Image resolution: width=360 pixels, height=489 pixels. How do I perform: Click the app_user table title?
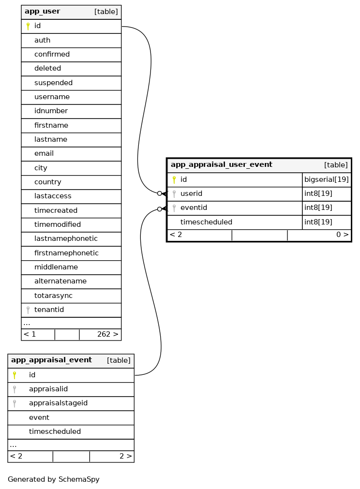coord(43,12)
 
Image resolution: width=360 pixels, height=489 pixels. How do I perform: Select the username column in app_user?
coord(52,97)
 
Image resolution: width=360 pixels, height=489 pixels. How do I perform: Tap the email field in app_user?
coord(44,154)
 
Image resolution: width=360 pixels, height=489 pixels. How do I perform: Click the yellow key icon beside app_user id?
coord(28,26)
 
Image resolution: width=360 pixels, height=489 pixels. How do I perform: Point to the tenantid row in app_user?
coord(49,310)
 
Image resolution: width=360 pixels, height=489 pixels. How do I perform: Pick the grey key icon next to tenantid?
coord(28,310)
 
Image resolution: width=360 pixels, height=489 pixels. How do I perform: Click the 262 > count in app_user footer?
coord(107,334)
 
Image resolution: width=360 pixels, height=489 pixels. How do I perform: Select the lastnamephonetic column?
coord(66,239)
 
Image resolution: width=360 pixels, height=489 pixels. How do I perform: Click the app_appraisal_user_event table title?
coord(222,165)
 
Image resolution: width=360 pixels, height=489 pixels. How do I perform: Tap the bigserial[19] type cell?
coord(326,180)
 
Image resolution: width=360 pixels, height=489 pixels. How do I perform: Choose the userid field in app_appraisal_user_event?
coord(191,194)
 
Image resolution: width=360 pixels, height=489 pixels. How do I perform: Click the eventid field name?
coord(194,208)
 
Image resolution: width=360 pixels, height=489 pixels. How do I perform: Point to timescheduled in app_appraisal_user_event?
coord(206,222)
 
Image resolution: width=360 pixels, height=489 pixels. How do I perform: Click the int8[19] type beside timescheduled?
coord(318,222)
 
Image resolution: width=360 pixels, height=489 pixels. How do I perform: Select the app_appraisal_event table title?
coord(51,360)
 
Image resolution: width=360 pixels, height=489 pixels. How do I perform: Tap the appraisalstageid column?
coord(58,403)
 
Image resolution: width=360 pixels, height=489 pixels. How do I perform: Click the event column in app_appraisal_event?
coord(39,417)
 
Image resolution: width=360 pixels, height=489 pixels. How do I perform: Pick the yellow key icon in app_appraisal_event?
coord(15,375)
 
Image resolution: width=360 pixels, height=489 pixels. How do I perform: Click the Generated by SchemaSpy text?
coord(54,480)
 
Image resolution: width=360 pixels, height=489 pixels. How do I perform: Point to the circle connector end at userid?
coord(159,193)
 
